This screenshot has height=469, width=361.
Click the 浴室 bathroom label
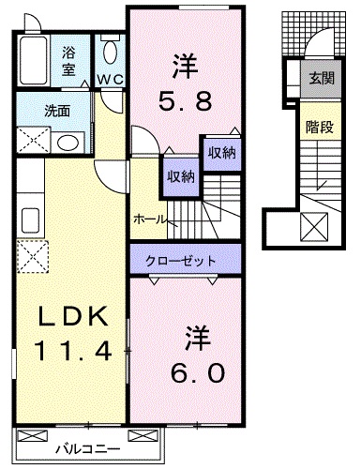(x=68, y=60)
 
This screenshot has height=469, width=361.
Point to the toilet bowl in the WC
(x=111, y=52)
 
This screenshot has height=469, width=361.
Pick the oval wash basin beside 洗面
(x=68, y=142)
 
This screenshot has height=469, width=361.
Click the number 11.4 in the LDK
(x=75, y=352)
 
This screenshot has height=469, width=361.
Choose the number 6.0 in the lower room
(x=197, y=372)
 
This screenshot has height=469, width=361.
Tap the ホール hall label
(x=150, y=219)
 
